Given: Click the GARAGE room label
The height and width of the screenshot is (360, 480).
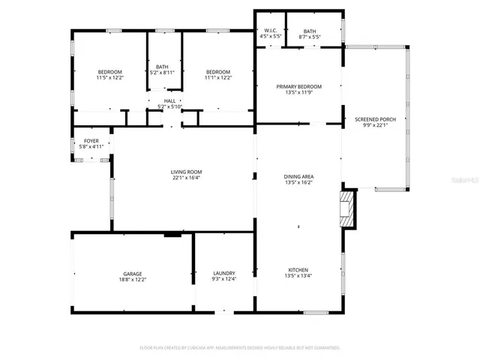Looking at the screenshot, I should (133, 274).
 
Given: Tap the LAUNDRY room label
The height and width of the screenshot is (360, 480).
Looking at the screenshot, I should (224, 273).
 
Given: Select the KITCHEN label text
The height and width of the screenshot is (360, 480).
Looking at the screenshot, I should (298, 270).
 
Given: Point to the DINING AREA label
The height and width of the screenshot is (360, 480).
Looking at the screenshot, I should (298, 176).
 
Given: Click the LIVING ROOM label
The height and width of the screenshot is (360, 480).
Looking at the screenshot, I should (186, 172).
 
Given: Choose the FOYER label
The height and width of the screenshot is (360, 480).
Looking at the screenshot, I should (91, 141).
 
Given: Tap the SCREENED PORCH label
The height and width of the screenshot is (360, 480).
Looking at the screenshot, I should (375, 119).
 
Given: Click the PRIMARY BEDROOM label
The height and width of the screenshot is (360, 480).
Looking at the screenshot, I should (298, 86).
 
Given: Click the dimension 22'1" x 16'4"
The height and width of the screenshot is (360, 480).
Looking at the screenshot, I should (186, 178).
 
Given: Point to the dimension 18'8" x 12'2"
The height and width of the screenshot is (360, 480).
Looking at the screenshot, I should (133, 280).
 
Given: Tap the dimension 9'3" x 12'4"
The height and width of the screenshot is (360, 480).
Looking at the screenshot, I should (224, 279).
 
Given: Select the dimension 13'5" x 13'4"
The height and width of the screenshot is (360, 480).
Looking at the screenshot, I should (298, 276).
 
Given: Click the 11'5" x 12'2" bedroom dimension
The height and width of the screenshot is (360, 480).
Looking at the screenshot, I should (109, 77).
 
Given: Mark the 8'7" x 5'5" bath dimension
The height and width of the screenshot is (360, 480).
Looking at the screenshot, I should (310, 37).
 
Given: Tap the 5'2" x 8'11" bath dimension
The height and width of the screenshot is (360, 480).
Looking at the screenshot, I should (163, 73).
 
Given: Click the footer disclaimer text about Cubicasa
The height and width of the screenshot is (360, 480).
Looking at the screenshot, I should (240, 347).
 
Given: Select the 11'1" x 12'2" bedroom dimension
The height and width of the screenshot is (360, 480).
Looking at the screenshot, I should (218, 77).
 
